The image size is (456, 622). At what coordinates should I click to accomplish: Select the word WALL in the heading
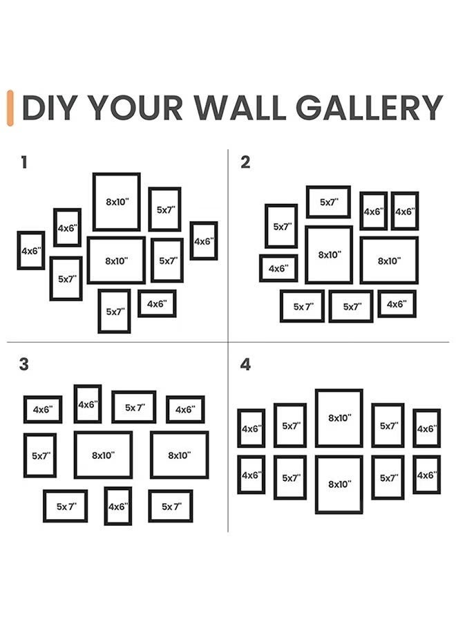pos(239,108)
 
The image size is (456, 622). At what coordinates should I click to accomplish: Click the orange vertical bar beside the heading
pos(10,108)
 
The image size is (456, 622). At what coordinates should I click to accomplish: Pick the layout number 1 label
pos(24,163)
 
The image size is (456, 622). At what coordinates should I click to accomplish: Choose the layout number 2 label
pos(245,163)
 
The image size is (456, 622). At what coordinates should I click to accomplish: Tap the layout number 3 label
pos(24,364)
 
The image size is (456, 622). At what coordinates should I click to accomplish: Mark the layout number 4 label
pos(245,364)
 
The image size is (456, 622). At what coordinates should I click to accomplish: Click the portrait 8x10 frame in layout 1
pos(117,202)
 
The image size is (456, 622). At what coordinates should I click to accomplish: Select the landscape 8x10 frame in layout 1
pos(116,261)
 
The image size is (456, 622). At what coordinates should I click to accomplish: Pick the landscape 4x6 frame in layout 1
pos(157,303)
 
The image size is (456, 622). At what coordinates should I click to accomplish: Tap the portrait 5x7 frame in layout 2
pos(281,226)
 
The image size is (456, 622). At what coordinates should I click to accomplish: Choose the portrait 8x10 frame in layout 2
pos(329,254)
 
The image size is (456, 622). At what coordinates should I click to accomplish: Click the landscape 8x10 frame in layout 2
pos(389,261)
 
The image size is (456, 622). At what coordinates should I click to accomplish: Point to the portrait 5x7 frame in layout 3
pos(40,455)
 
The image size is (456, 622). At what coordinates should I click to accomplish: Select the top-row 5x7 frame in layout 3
pos(134,407)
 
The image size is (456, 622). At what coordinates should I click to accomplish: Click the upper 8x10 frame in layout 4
pos(339,418)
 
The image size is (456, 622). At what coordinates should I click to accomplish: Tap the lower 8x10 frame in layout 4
pos(339,484)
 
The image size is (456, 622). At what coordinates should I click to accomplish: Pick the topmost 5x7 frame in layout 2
pos(328,202)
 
